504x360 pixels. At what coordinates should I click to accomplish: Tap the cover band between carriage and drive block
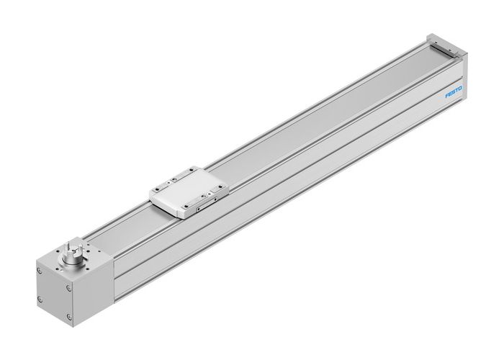[130, 227]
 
